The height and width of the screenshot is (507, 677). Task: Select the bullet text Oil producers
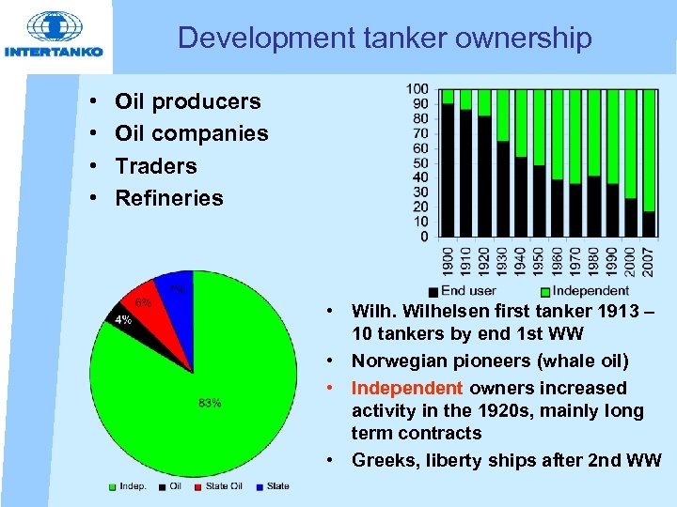point(187,101)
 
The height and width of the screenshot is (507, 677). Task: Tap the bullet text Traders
point(155,166)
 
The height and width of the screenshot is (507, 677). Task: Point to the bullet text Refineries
point(168,198)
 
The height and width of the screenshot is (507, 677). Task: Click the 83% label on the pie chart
point(210,404)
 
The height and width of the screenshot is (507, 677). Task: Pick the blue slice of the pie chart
point(176,293)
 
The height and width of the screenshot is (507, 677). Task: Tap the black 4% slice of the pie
point(121,319)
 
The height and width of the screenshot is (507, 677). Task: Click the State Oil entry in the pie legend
point(224,486)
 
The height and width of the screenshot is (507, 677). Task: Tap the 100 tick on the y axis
point(417,89)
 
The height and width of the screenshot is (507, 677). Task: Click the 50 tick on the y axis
point(417,162)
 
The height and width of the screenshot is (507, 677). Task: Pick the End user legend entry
point(466,291)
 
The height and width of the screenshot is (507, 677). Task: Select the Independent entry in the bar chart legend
point(590,291)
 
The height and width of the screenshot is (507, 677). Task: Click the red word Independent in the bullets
point(407,388)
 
